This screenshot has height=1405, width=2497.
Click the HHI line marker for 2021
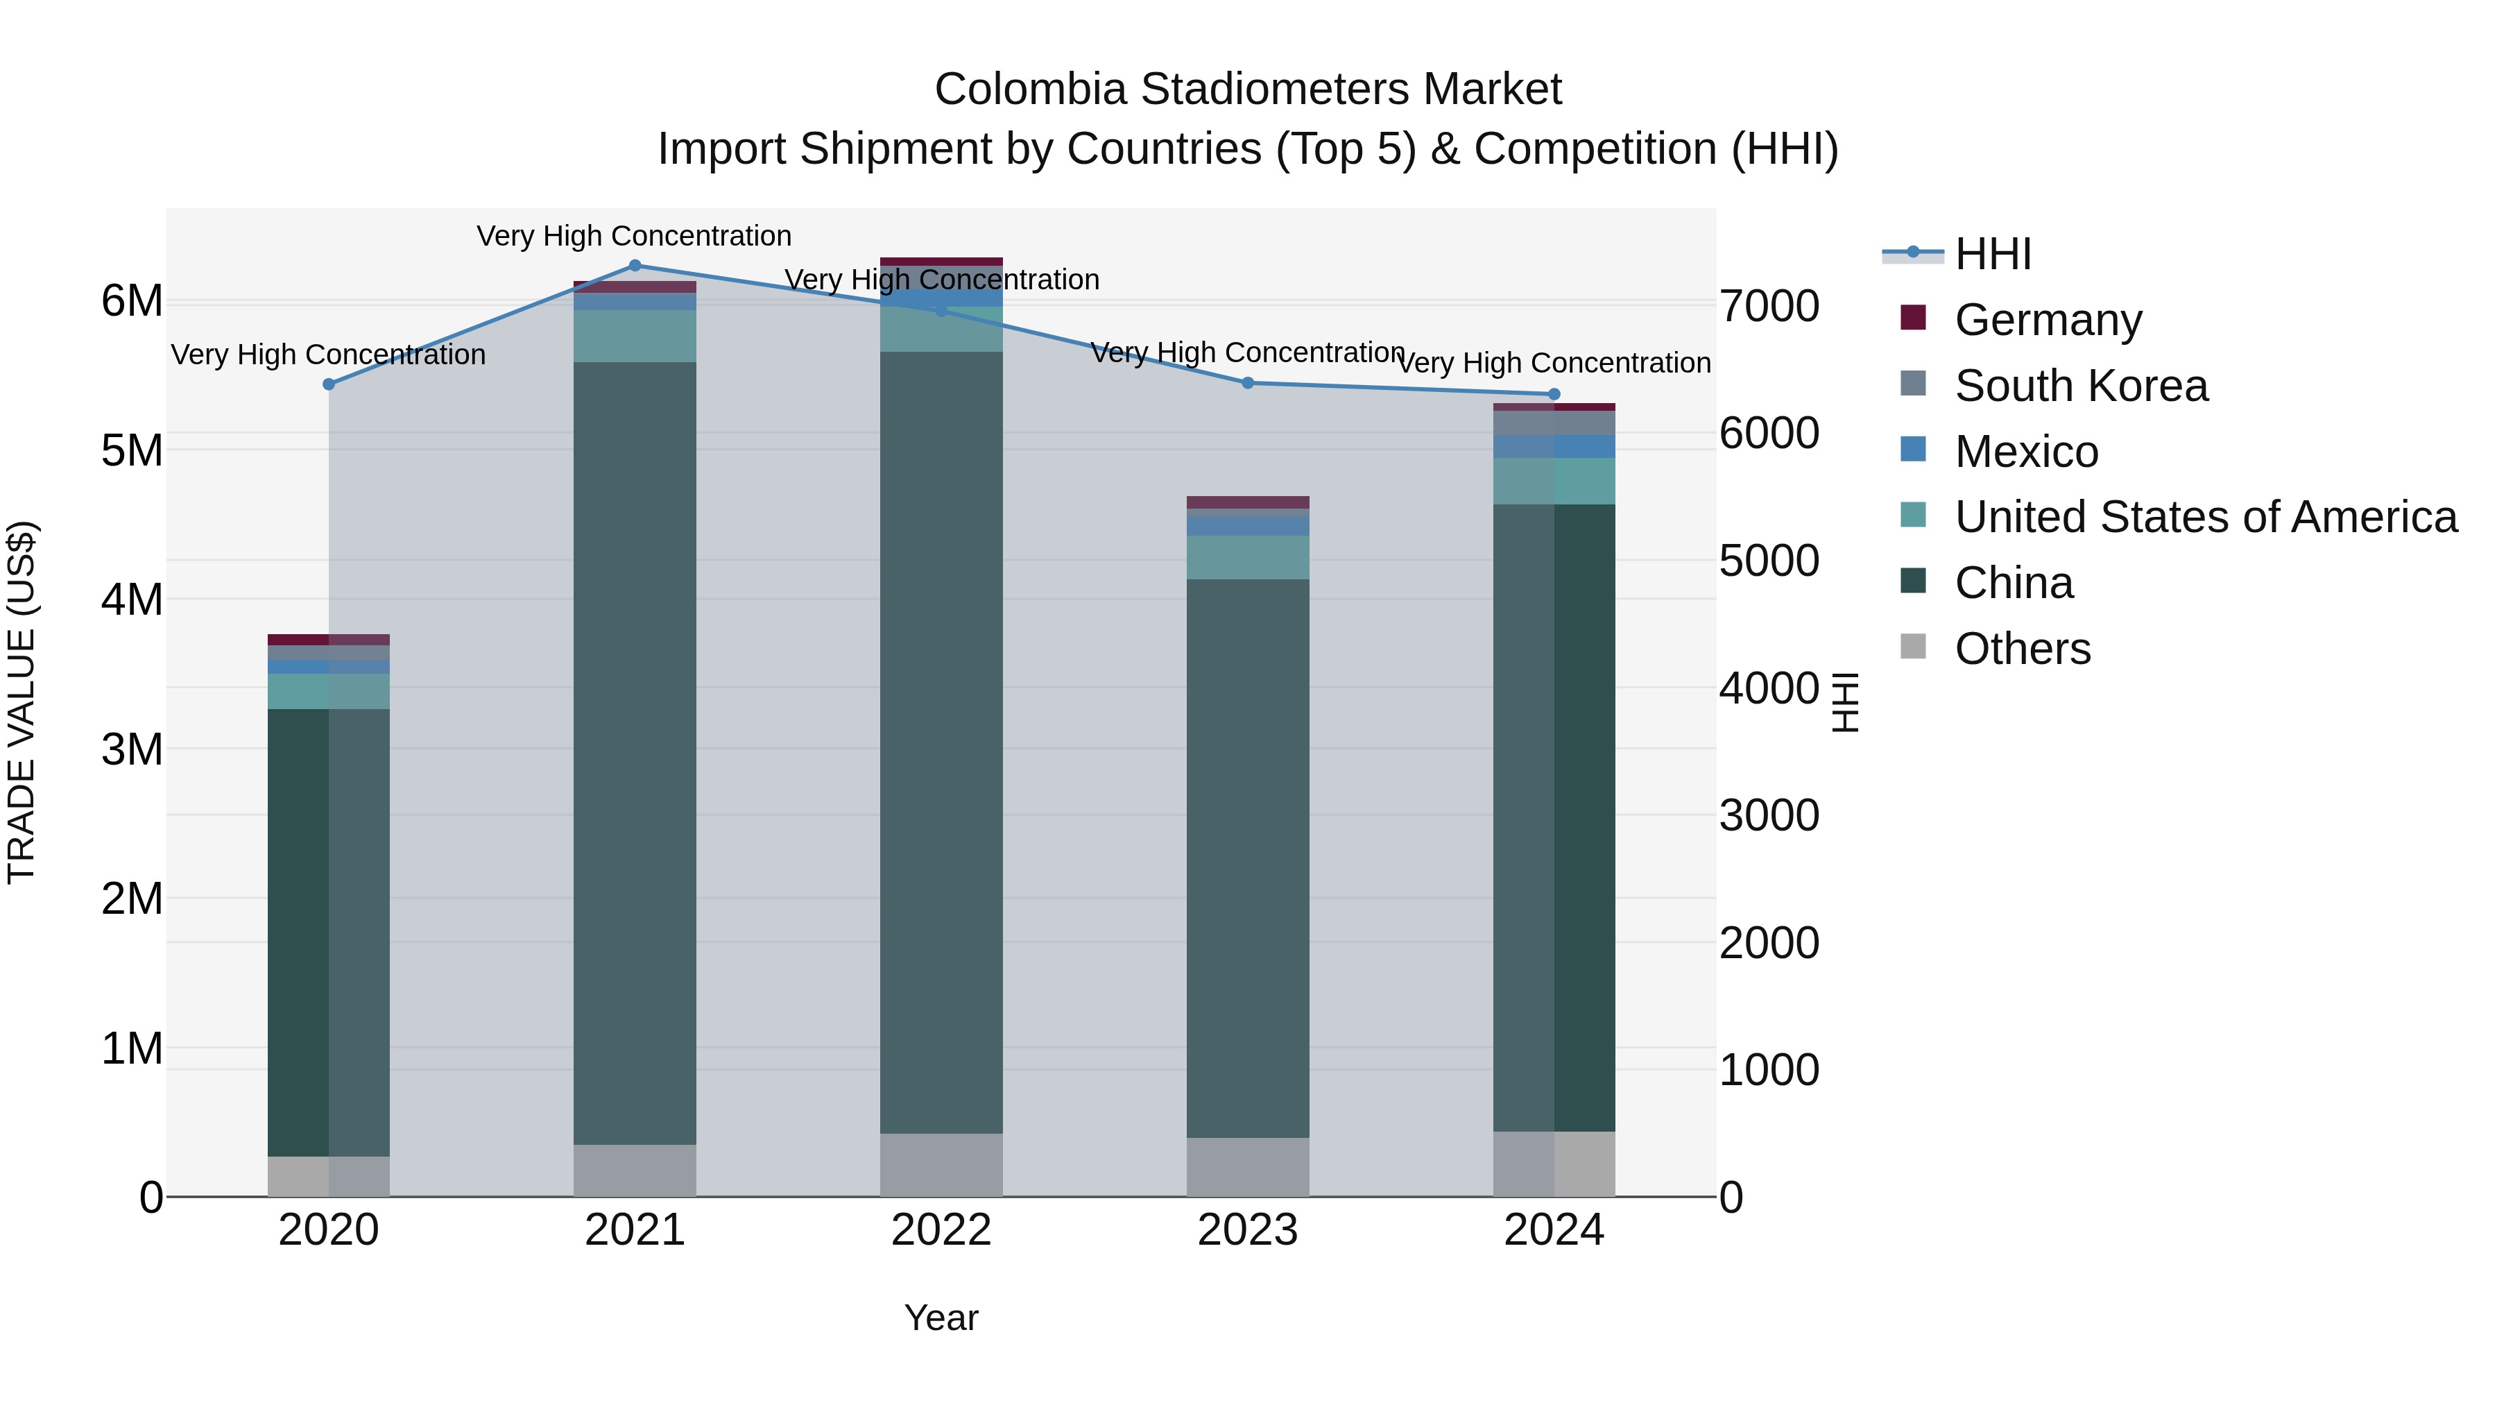tap(635, 266)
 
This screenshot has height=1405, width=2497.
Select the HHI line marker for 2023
tap(1248, 383)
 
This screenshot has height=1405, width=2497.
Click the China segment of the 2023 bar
tap(1248, 858)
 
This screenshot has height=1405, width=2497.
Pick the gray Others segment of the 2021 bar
tap(635, 1170)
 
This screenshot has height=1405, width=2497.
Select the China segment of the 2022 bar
tap(941, 742)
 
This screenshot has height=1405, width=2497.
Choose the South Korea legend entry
tap(2080, 386)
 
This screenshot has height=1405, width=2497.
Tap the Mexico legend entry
tap(2026, 452)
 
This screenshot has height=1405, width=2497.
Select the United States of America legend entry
tap(2205, 517)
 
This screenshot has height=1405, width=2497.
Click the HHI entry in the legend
tap(1992, 254)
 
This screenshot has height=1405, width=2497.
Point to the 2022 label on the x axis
tap(941, 1230)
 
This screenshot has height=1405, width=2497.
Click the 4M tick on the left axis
tap(132, 599)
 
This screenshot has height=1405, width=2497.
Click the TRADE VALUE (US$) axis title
tap(22, 702)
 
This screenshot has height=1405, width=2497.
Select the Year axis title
tap(941, 1318)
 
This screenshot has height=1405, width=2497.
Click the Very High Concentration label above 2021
tap(634, 236)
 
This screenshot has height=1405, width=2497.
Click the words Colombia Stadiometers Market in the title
tap(1248, 90)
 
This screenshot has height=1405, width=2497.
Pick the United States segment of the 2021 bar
tap(635, 337)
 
